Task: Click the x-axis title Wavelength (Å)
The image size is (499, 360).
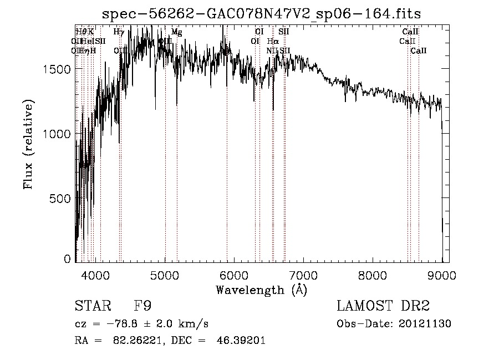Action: click(261, 290)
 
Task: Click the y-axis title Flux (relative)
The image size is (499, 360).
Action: click(28, 144)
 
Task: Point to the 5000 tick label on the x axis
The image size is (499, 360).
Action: click(165, 274)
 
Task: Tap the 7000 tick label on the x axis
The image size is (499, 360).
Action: click(303, 274)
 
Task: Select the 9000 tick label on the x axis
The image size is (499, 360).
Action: click(442, 274)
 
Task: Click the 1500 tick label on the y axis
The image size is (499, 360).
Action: click(59, 69)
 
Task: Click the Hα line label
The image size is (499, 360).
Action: click(273, 42)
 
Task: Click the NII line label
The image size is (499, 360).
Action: click(272, 50)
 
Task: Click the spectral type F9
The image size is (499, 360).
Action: click(142, 306)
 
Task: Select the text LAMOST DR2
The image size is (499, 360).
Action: click(383, 306)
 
